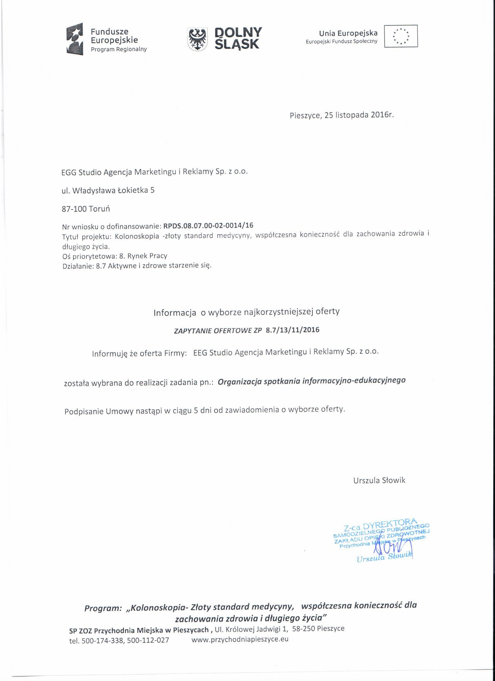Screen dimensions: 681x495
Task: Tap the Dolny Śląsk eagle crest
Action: coord(197,39)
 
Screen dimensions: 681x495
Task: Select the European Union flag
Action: coord(401,36)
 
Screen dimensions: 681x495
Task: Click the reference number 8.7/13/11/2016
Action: coord(292,330)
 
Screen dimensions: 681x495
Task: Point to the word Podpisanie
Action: coord(84,411)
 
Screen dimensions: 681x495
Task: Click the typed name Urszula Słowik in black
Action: coord(379,480)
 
